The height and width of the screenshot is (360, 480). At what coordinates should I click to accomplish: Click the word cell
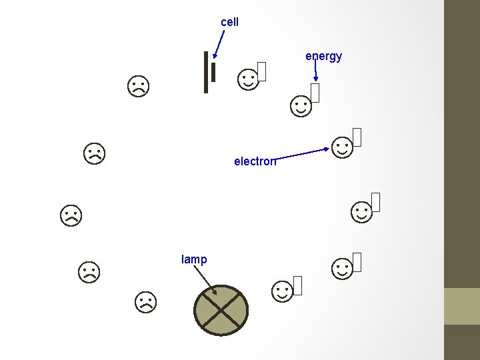229,22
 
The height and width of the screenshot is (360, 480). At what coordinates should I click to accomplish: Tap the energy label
324,56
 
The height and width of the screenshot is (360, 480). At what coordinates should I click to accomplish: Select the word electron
255,161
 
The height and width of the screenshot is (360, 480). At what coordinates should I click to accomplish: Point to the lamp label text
194,259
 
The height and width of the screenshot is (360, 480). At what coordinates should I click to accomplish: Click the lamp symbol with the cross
221,310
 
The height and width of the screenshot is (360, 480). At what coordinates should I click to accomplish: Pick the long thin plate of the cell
207,72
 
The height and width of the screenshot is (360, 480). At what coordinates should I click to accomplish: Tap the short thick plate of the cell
213,73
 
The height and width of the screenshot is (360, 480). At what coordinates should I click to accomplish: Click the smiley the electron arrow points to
342,147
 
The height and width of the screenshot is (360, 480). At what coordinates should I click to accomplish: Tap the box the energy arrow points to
315,93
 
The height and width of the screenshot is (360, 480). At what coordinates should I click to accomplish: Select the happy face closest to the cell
248,80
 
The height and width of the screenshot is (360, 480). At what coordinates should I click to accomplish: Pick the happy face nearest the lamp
283,291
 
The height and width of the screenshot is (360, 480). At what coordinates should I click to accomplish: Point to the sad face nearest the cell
139,86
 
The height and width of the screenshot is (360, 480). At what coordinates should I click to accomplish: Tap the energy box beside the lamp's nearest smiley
297,285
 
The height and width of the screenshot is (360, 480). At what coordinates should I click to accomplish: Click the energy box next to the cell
262,71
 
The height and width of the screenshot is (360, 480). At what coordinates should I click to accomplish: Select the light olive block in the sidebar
462,306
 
